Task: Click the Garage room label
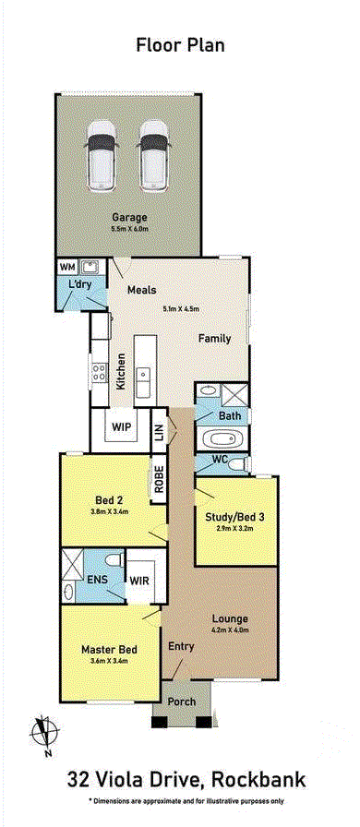click(x=129, y=217)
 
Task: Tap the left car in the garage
click(x=101, y=156)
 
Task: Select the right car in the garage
click(x=153, y=156)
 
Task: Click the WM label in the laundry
click(x=67, y=267)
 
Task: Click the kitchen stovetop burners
click(x=99, y=372)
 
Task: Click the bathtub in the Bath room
click(x=222, y=438)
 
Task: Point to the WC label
click(x=220, y=459)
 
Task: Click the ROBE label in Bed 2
click(x=159, y=479)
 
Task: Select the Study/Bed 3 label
click(x=234, y=517)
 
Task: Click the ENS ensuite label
click(x=98, y=579)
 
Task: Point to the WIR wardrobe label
click(x=140, y=581)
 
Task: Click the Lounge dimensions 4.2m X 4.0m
click(x=230, y=629)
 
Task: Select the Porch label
click(x=182, y=701)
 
